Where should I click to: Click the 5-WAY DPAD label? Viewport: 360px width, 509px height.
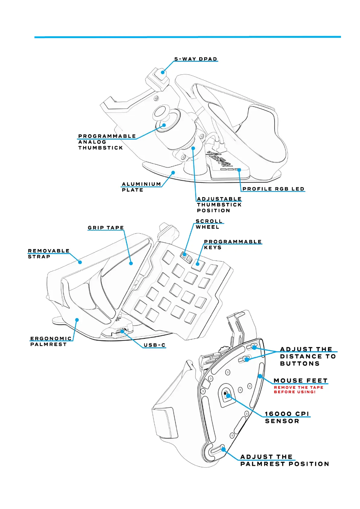coord(196,59)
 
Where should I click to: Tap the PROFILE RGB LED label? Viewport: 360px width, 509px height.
coord(273,189)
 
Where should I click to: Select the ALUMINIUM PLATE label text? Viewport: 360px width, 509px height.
coord(141,187)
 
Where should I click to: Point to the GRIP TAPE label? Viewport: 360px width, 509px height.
coord(106,228)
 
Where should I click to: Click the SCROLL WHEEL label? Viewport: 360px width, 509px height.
coord(209,224)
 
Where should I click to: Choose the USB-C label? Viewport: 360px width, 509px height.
coord(154,345)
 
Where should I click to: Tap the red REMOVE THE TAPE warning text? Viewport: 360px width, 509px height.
coord(298,390)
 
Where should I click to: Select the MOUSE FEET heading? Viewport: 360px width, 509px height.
coord(300,381)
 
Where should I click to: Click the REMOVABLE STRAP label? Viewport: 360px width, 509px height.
coord(48,254)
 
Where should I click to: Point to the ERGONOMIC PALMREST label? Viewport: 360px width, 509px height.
coord(51,341)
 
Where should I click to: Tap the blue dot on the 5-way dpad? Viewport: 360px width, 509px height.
coord(163,72)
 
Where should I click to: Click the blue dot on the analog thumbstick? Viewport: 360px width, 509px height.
coord(164,125)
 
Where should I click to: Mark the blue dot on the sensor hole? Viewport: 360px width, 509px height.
coord(228,395)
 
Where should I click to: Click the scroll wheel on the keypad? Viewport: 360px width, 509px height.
coord(186,257)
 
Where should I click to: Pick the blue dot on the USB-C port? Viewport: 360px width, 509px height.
coord(122,331)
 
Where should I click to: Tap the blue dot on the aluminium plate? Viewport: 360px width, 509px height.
coord(173,173)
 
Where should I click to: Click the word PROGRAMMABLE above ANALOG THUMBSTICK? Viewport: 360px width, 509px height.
coord(107,136)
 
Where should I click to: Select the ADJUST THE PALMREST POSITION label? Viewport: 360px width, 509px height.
coord(284,460)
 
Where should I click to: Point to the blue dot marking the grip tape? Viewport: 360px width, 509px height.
coord(131,263)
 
